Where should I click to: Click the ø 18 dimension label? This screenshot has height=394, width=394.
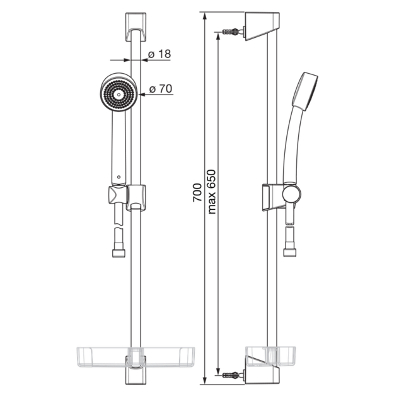click(x=159, y=54)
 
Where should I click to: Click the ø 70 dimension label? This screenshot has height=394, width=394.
click(x=161, y=89)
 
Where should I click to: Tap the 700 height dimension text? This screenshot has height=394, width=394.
click(x=197, y=192)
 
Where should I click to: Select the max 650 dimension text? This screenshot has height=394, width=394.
click(x=212, y=192)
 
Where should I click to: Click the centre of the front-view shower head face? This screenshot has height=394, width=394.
click(x=119, y=95)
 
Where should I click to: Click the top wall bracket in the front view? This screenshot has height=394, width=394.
click(x=136, y=26)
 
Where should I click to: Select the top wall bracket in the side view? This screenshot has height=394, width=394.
click(x=262, y=26)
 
